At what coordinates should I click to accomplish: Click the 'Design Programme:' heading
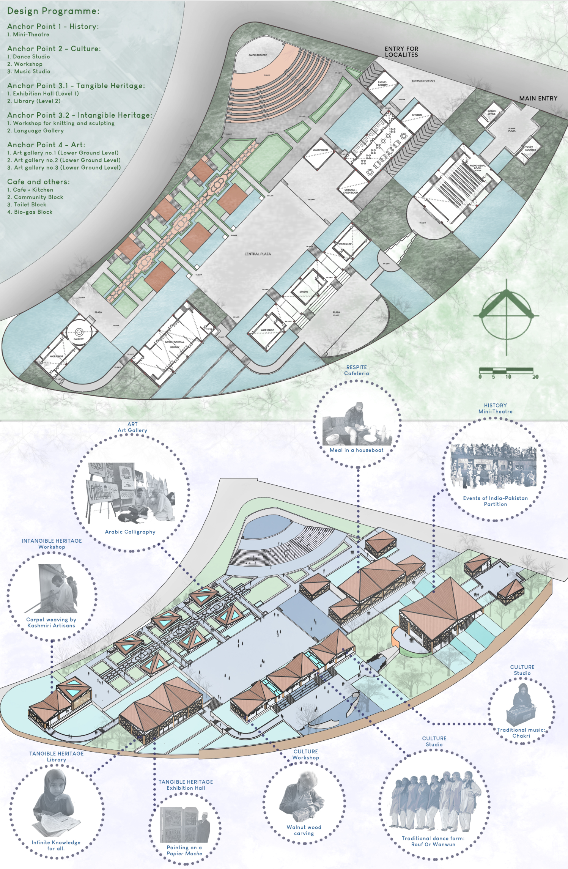coord(53,11)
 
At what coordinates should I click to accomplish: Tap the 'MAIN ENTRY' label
coord(538,98)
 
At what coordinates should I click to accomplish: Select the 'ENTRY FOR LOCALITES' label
coord(401,52)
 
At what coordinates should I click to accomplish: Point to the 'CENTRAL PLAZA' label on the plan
coord(258,254)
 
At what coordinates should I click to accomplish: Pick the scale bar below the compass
coord(506,371)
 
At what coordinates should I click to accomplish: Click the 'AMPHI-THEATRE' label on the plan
coord(258,55)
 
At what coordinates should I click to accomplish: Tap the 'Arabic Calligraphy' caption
coord(130,532)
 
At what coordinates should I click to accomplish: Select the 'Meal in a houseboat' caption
coord(356,450)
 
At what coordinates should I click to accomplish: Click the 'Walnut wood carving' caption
coord(304,830)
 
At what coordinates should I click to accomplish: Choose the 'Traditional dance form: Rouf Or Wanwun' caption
coord(433,841)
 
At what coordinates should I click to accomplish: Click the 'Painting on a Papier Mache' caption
coord(184,850)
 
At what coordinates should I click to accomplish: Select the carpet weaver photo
coord(57,589)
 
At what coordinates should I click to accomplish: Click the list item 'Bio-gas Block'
coord(33,212)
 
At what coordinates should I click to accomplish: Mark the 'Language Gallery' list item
coord(38,131)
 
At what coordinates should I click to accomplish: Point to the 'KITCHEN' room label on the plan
coord(417,115)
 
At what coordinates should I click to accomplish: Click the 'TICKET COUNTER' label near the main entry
coord(530,148)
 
